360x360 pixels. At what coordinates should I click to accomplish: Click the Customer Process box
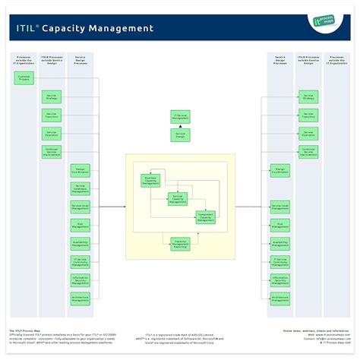24,78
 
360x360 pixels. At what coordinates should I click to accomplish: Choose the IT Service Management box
180,116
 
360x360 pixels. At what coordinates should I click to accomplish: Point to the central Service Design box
180,134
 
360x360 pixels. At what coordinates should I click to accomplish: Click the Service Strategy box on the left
52,97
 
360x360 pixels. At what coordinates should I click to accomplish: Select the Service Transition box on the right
308,115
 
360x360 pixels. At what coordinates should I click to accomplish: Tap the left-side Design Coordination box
81,170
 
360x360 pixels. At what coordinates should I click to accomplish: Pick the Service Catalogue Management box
81,188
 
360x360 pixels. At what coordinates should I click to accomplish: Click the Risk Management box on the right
279,225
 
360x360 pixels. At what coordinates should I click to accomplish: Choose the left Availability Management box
81,243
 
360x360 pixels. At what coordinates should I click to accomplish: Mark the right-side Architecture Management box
279,298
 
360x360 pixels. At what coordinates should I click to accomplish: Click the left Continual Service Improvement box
52,152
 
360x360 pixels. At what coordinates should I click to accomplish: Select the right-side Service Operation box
308,134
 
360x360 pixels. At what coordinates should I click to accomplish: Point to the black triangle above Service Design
180,126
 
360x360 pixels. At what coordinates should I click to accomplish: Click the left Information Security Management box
81,280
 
